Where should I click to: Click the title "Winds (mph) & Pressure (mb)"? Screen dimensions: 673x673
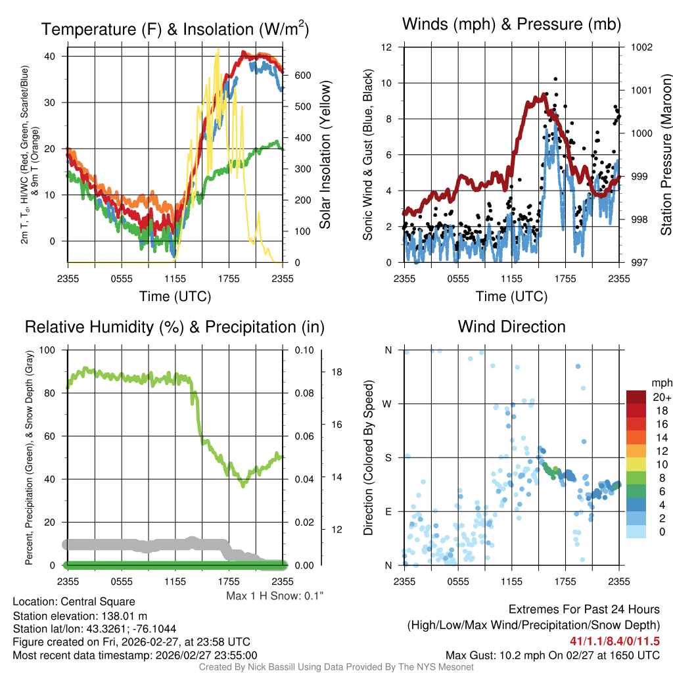[511, 24]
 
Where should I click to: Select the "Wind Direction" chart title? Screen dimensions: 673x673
[511, 327]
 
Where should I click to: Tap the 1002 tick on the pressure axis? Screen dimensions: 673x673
[641, 47]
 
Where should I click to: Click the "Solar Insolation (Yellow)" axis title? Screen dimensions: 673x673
[325, 155]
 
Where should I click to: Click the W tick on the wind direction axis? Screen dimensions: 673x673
[388, 404]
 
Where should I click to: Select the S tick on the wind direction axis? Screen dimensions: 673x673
[388, 457]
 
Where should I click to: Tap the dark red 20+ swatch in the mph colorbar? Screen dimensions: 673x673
[636, 398]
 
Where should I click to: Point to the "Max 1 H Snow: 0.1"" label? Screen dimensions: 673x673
[275, 595]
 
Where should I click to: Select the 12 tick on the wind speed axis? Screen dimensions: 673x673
[388, 47]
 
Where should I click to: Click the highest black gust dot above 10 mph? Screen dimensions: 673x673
[555, 79]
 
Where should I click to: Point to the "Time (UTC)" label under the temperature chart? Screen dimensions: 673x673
[175, 296]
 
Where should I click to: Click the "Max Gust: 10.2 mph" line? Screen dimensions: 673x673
[552, 655]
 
